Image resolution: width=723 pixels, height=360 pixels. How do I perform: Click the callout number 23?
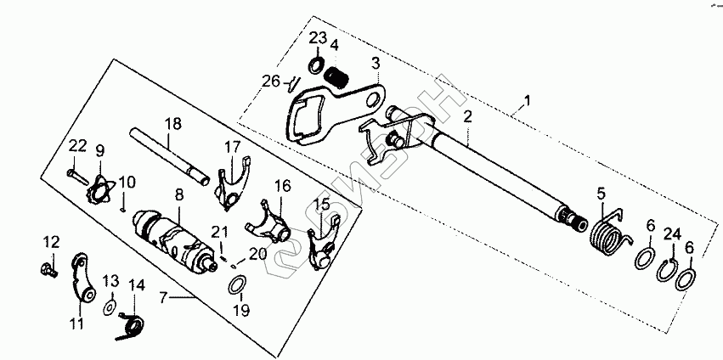317,38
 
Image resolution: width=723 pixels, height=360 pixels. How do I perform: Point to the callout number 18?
173,123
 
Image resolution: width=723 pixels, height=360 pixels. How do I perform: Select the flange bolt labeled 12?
48,271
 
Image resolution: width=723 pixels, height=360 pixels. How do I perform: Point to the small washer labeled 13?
110,304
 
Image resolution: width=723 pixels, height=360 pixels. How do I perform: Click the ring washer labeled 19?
240,284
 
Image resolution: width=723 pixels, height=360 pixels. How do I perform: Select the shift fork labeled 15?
324,246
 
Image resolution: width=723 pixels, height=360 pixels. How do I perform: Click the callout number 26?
270,82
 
